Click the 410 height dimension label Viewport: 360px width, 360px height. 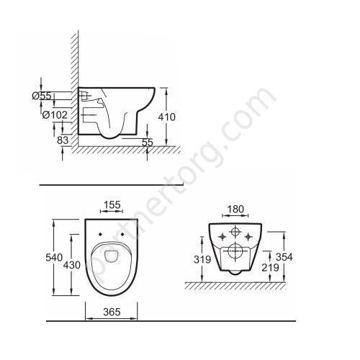click(167, 117)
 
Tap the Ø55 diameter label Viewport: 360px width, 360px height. click(42, 96)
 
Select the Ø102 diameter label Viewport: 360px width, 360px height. click(55, 115)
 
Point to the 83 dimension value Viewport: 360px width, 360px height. click(63, 140)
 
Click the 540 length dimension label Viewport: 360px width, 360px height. click(54, 258)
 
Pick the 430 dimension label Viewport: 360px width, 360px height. click(72, 265)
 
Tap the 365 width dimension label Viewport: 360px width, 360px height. click(112, 312)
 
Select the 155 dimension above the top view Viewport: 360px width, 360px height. click(112, 205)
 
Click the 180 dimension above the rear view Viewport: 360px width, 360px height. click(235, 210)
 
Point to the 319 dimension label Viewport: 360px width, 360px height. click(202, 259)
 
